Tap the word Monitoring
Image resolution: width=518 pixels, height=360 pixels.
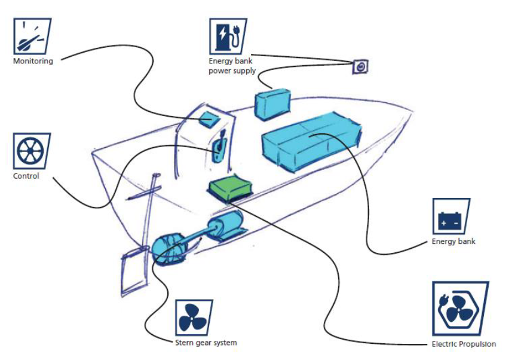(33, 61)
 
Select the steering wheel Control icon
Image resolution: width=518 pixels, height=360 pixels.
(31, 151)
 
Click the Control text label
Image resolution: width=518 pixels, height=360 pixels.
(26, 176)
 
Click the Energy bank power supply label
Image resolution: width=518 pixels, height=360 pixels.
(232, 66)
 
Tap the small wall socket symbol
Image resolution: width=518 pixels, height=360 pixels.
(360, 67)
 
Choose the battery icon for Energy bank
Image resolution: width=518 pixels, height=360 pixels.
(450, 216)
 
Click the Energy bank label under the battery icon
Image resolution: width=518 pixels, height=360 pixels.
(453, 242)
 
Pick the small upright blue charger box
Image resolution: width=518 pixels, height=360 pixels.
(272, 104)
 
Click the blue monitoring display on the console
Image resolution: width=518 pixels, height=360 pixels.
(209, 118)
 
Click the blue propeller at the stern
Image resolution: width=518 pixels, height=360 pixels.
(169, 249)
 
